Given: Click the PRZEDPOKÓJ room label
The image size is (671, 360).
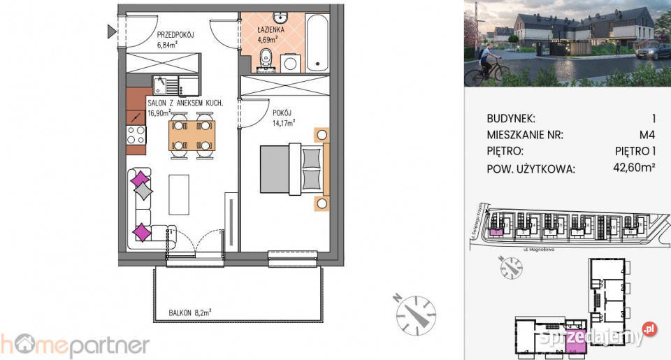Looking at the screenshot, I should tap(175, 35).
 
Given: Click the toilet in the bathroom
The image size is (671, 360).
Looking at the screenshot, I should tap(266, 60).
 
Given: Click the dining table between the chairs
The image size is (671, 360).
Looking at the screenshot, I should tap(192, 136).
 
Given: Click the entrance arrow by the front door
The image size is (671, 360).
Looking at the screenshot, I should tap(112, 31).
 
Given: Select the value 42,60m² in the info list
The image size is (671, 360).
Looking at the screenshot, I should tap(633, 168).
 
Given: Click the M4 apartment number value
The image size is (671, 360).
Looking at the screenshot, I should tap(645, 135).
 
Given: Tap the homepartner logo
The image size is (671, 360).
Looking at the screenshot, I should tap(75, 345).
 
